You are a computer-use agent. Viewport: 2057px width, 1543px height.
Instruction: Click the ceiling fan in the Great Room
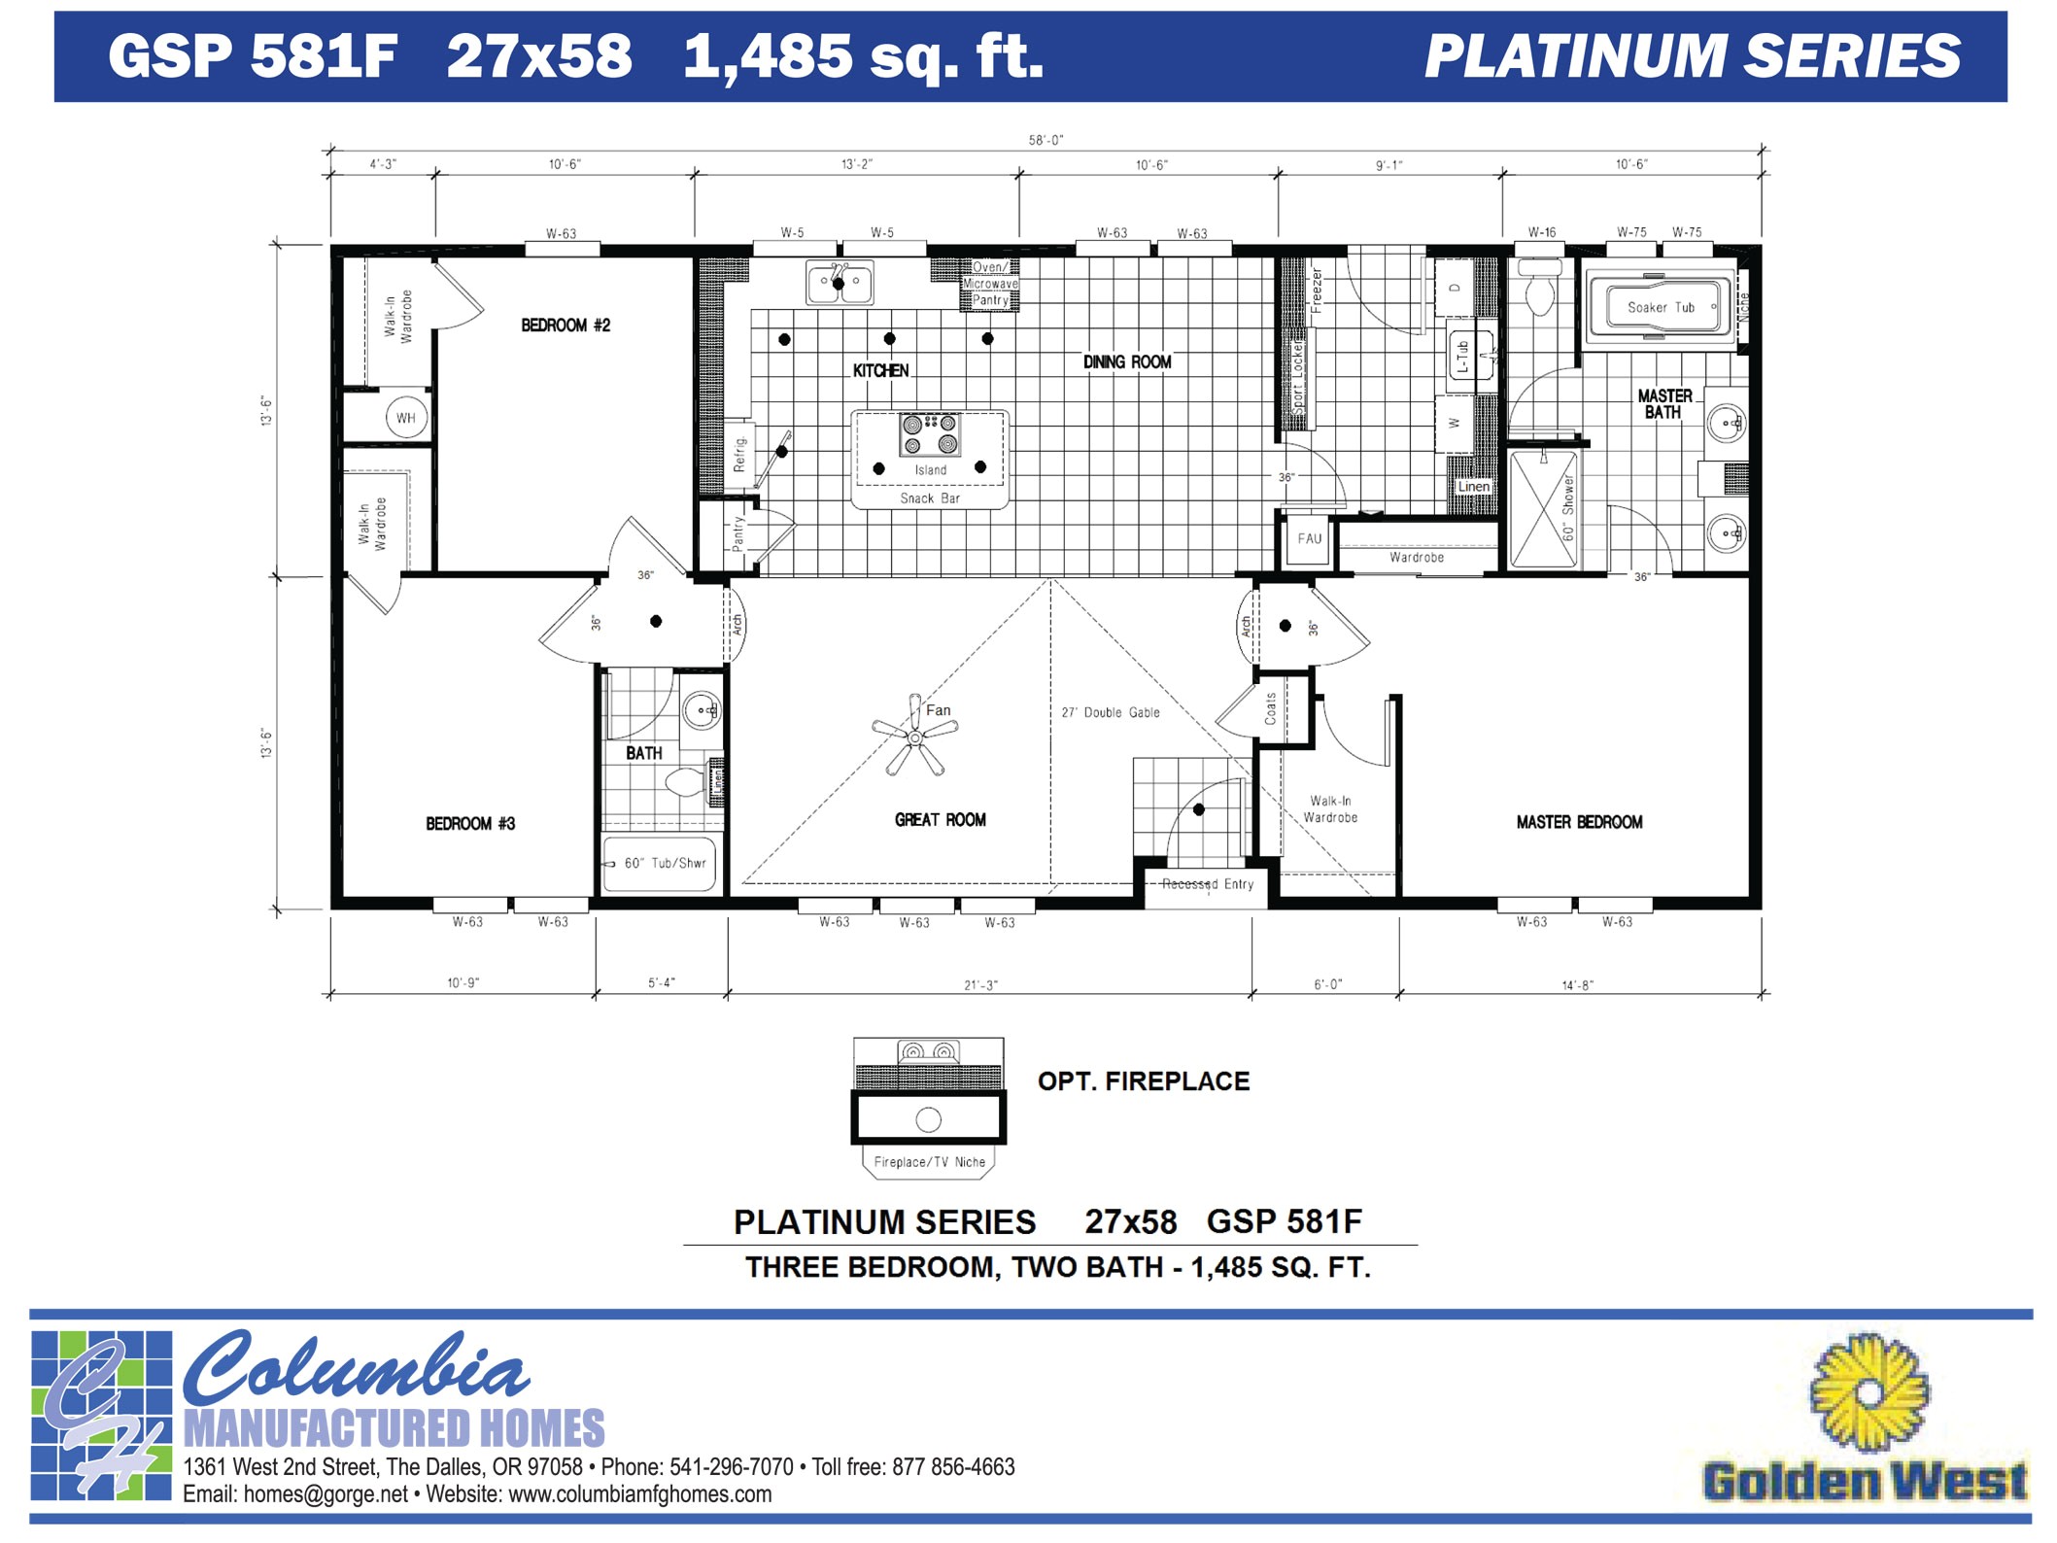click(914, 737)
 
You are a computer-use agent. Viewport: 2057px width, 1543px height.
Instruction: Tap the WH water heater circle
click(405, 418)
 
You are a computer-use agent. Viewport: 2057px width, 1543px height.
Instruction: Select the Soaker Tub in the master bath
click(1661, 307)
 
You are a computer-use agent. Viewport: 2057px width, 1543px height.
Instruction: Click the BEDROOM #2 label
click(566, 326)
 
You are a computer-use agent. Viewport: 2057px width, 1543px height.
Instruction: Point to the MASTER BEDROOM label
click(1579, 822)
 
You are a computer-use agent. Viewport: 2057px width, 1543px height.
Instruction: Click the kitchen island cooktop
click(929, 434)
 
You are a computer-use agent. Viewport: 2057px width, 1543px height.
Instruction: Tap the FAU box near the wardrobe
click(1309, 538)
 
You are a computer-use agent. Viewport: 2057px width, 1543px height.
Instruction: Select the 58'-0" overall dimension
click(1046, 140)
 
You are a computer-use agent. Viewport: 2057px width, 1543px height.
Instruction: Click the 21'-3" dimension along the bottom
click(980, 985)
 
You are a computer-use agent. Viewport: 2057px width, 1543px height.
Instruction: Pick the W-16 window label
click(1541, 232)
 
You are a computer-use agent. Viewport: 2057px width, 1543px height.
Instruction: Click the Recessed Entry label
click(1208, 884)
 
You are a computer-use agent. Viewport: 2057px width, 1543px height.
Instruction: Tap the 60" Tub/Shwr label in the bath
click(665, 863)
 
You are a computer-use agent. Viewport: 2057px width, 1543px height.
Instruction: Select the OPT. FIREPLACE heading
click(1143, 1081)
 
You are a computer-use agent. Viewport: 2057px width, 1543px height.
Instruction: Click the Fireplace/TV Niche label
click(929, 1162)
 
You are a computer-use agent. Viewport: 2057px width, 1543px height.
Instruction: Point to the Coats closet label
click(1270, 708)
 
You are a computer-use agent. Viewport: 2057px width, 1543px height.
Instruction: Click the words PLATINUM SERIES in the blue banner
click(1692, 56)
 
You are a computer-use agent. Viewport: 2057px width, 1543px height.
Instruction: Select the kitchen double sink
click(840, 283)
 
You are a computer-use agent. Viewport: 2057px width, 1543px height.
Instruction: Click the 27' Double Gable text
click(1110, 712)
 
